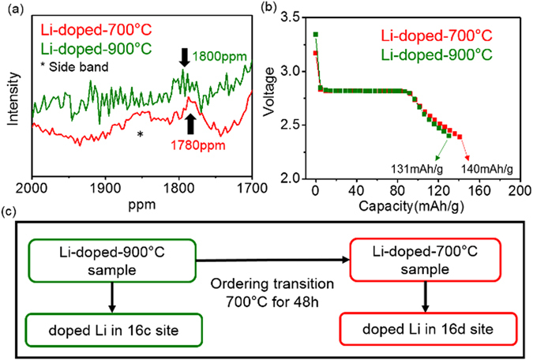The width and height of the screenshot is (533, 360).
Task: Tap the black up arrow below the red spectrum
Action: [x=190, y=122]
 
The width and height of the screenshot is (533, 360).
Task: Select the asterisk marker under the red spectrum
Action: [x=140, y=135]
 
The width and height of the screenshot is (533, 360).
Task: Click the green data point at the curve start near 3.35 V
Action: [x=316, y=35]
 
